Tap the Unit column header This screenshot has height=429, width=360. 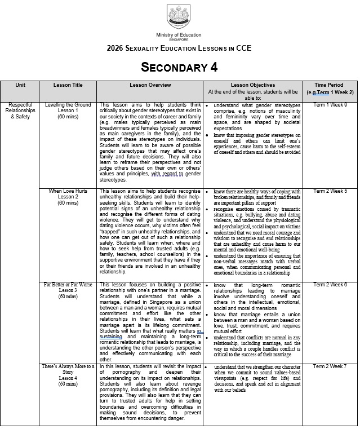tap(20, 86)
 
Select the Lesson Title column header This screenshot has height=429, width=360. tap(68, 86)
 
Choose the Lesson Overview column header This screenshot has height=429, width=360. tap(150, 86)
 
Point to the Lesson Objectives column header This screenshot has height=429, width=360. tap(252, 86)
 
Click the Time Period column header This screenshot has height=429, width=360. tap(330, 86)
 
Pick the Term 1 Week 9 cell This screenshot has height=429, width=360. tap(330, 105)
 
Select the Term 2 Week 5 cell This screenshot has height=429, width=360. tap(330, 192)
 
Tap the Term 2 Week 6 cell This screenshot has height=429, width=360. tap(330, 285)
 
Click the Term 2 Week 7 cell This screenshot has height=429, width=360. tap(330, 367)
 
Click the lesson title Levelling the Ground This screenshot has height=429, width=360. tap(68, 105)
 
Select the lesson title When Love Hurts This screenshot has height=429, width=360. tap(68, 192)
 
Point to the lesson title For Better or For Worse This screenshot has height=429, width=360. tap(68, 285)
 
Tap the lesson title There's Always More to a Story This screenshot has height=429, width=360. tap(68, 369)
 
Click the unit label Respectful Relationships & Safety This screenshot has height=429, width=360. tap(20, 110)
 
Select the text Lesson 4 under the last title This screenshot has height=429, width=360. tap(68, 378)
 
